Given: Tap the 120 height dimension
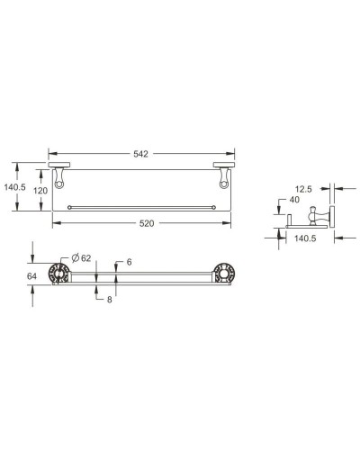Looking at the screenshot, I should [x=38, y=192].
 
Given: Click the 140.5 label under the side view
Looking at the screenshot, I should [x=305, y=238].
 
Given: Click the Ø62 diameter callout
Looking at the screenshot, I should [x=82, y=258].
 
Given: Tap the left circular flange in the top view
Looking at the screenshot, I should [x=60, y=276].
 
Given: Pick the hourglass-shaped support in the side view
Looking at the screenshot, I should [x=315, y=216].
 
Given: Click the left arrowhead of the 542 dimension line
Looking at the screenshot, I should [x=51, y=154].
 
